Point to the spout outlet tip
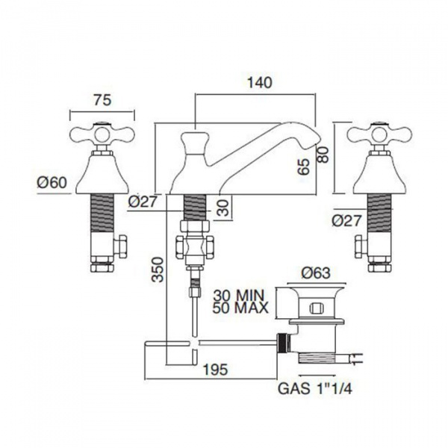(x=318, y=137)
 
